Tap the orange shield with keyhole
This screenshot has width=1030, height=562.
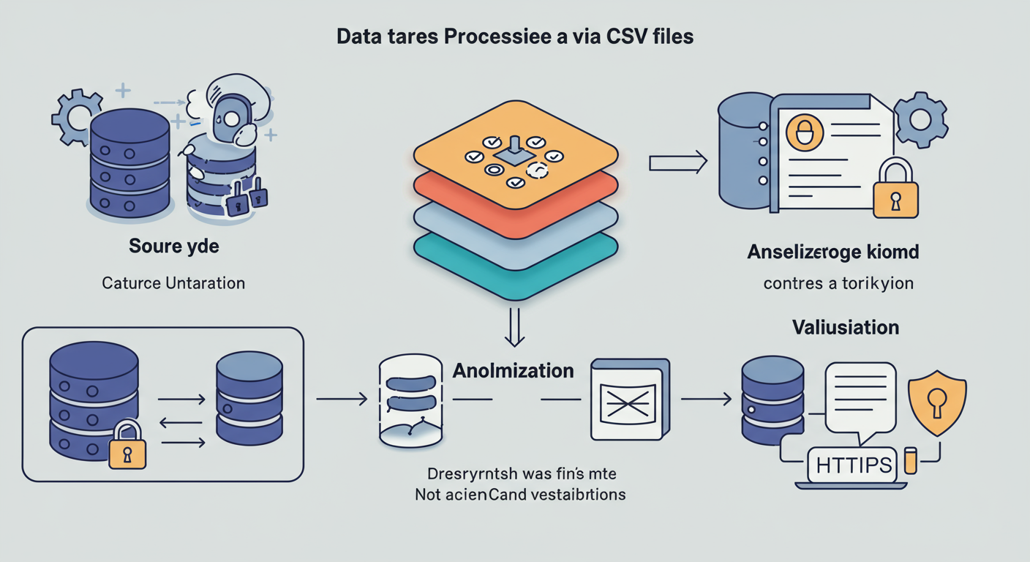click(x=936, y=405)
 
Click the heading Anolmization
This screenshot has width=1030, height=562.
click(x=513, y=370)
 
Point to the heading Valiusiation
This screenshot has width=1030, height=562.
click(x=845, y=326)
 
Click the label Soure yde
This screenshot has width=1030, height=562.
click(x=173, y=246)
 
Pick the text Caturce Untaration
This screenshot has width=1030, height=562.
click(x=173, y=282)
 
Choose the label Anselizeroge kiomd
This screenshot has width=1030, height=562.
click(x=833, y=252)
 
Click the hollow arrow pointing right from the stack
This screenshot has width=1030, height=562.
click(x=677, y=162)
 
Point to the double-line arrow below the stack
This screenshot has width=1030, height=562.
click(x=516, y=326)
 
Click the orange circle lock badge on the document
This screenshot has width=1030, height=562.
click(x=804, y=134)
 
